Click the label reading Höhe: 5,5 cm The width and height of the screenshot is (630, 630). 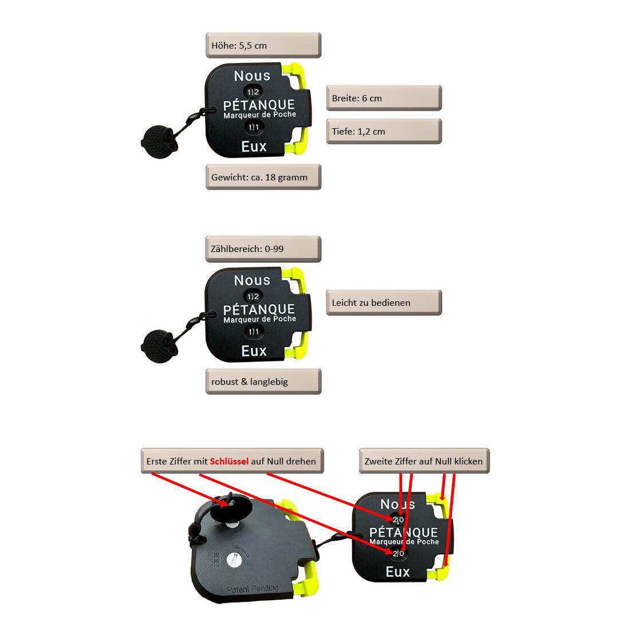(x=263, y=45)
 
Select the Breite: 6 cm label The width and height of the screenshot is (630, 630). (x=384, y=98)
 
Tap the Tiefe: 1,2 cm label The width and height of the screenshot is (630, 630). (x=384, y=131)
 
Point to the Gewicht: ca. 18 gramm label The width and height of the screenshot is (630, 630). (x=263, y=177)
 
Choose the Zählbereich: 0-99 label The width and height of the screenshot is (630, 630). (x=263, y=249)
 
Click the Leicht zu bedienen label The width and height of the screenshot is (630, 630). (x=384, y=302)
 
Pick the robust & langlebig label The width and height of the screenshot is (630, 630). (x=263, y=381)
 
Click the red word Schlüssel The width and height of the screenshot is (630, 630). (x=229, y=461)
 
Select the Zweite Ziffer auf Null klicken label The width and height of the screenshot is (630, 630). (x=424, y=461)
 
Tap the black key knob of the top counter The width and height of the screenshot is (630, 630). (x=158, y=142)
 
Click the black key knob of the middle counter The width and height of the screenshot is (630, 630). (x=158, y=346)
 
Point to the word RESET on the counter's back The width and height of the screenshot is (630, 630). (x=216, y=560)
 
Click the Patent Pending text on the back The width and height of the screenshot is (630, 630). (x=253, y=589)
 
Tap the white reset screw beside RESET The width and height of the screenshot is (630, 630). (x=234, y=559)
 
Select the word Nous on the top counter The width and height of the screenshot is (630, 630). (x=252, y=76)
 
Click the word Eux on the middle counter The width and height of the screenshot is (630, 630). (x=254, y=351)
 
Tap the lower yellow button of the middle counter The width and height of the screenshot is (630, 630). (x=297, y=346)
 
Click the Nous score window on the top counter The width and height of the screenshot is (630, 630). (x=253, y=92)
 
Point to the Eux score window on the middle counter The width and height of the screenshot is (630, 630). (x=254, y=332)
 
